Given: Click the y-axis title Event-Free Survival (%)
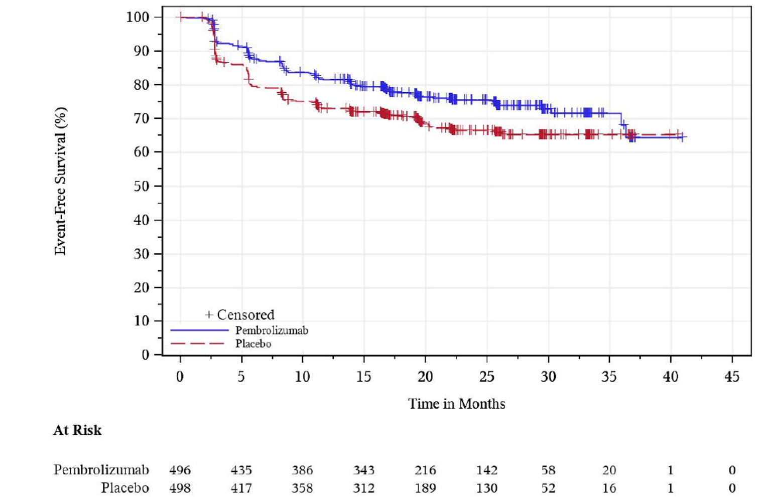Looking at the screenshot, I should coord(60,181).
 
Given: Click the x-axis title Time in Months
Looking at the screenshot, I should coord(456,404).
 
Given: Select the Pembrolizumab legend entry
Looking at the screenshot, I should coord(271,330).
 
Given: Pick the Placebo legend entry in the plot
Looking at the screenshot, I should coord(253,344).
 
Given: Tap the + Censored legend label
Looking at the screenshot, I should coord(240,315).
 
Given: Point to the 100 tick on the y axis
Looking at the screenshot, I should coord(138,17).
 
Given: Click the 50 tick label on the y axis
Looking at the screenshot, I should coord(141,186).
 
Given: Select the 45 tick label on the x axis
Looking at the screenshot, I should coord(732,377).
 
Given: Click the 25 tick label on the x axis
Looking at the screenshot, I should coord(486,377).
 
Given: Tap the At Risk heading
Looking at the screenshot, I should coord(77,430).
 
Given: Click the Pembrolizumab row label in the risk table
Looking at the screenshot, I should coord(101,470).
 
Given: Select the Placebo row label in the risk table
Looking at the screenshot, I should coord(125,488).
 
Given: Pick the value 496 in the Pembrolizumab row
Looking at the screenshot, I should coord(180,470).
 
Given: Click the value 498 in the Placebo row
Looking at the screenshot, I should coord(180,488).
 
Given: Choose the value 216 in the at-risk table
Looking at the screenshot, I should coord(425,470).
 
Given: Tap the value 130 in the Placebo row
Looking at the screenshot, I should coord(486,488).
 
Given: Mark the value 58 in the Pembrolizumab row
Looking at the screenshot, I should coord(548,470).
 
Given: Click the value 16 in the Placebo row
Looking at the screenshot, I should coord(609,488).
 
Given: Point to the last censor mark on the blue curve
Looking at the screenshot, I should coord(682,137).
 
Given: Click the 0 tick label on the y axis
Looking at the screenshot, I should coord(145,355).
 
